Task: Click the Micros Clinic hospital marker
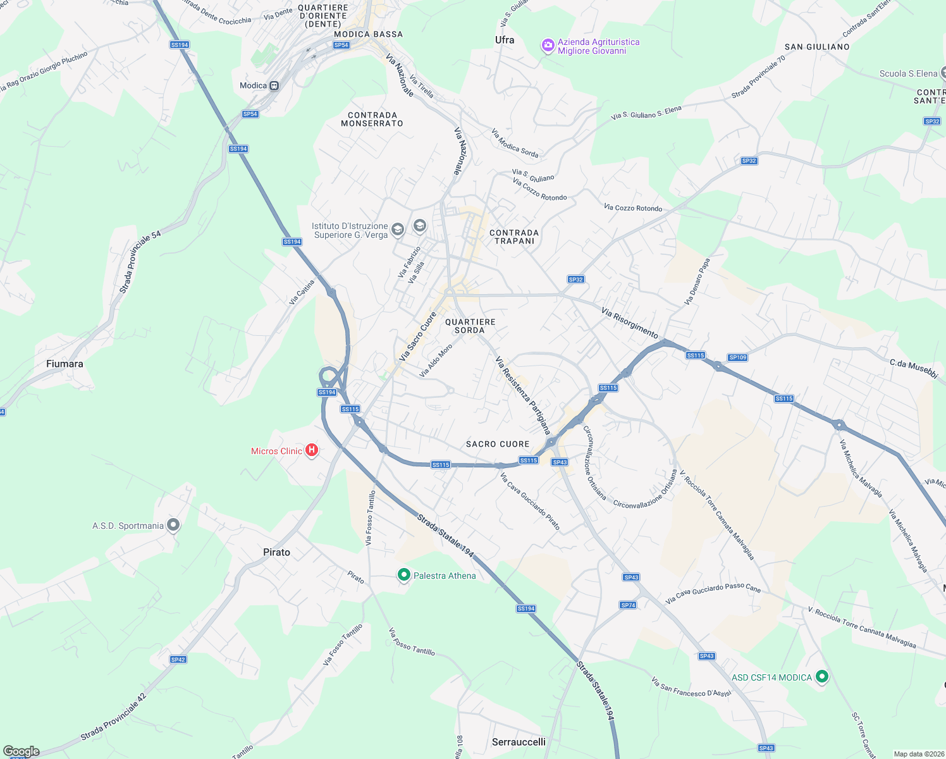(311, 450)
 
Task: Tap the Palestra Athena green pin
(404, 574)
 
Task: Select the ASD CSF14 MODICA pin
(821, 677)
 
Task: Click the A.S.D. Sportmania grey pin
(173, 525)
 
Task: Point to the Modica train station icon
(274, 86)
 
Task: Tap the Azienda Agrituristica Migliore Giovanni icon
(548, 46)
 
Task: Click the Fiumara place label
(64, 364)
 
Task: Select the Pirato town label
(276, 552)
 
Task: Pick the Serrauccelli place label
(519, 742)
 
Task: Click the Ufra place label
(505, 40)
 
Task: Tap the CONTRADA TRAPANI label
(514, 237)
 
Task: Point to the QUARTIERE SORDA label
(470, 326)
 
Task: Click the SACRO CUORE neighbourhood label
(498, 444)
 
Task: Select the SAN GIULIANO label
(817, 47)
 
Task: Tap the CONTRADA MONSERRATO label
(372, 120)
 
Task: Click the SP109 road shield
(738, 357)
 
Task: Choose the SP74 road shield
(628, 605)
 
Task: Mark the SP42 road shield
(178, 660)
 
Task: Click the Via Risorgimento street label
(630, 323)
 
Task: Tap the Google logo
(21, 751)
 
